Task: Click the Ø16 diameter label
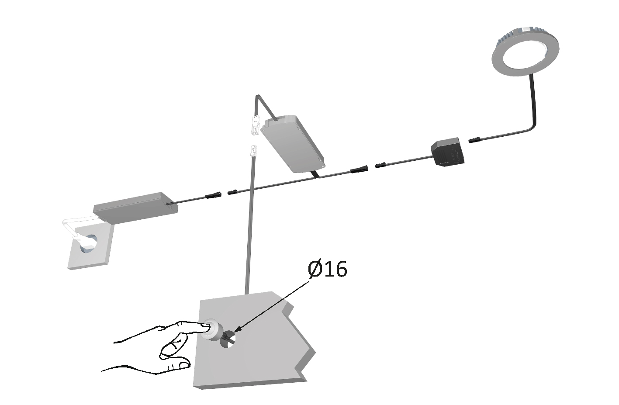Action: click(327, 269)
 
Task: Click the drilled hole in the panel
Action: click(227, 339)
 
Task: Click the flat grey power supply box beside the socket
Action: click(136, 207)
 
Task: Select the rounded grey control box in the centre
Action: click(293, 144)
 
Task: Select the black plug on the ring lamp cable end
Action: click(475, 140)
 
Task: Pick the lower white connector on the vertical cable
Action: click(253, 152)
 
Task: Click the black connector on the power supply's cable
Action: click(213, 195)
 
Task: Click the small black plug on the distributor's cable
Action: click(382, 165)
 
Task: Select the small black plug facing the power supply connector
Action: click(234, 192)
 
